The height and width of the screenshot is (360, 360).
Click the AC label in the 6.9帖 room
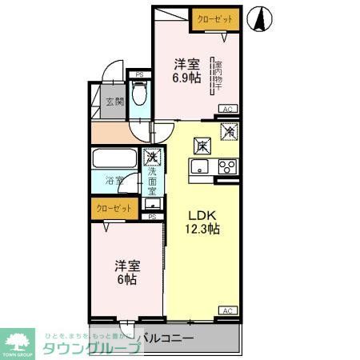click(226, 109)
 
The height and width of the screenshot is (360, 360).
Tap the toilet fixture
click(140, 95)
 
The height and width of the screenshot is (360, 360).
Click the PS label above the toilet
click(140, 75)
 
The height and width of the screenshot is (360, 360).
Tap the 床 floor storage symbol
click(202, 146)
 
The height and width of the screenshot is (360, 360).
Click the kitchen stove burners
click(227, 167)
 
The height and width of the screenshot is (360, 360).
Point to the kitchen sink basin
click(199, 167)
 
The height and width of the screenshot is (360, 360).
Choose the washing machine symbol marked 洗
click(150, 158)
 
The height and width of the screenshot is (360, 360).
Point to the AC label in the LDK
click(226, 310)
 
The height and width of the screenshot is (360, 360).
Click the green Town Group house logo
click(19, 340)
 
